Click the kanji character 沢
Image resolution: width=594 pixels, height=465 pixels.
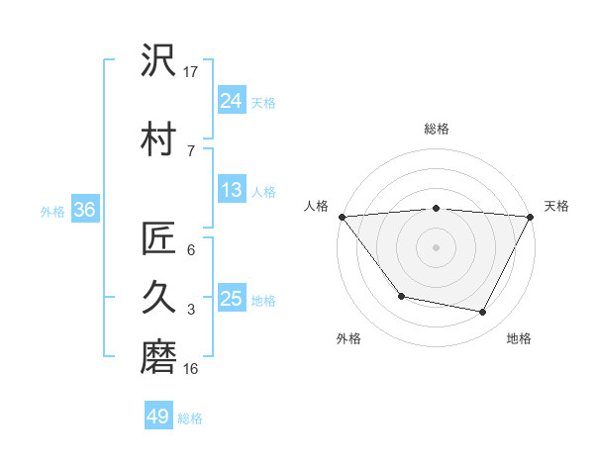click(158, 61)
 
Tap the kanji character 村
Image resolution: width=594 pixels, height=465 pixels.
click(158, 138)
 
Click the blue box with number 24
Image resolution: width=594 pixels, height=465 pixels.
click(232, 100)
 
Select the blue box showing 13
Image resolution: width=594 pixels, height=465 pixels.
click(232, 190)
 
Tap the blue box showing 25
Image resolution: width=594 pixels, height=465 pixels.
click(232, 299)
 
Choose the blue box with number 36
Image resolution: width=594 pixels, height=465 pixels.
click(84, 210)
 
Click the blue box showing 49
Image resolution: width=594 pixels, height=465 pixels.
click(158, 417)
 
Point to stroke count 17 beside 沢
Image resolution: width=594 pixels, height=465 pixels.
click(191, 71)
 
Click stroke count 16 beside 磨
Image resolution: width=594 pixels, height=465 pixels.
click(191, 368)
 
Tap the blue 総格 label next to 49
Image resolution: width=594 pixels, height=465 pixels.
click(191, 418)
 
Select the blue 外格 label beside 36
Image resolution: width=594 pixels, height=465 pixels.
click(52, 211)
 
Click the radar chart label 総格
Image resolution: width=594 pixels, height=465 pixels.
click(437, 129)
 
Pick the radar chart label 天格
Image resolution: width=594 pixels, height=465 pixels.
click(556, 206)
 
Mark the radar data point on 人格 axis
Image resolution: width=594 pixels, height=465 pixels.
click(342, 216)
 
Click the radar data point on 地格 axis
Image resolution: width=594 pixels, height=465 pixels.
click(483, 313)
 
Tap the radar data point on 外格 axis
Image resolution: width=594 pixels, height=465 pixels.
click(401, 296)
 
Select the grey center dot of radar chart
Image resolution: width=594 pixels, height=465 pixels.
click(437, 246)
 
